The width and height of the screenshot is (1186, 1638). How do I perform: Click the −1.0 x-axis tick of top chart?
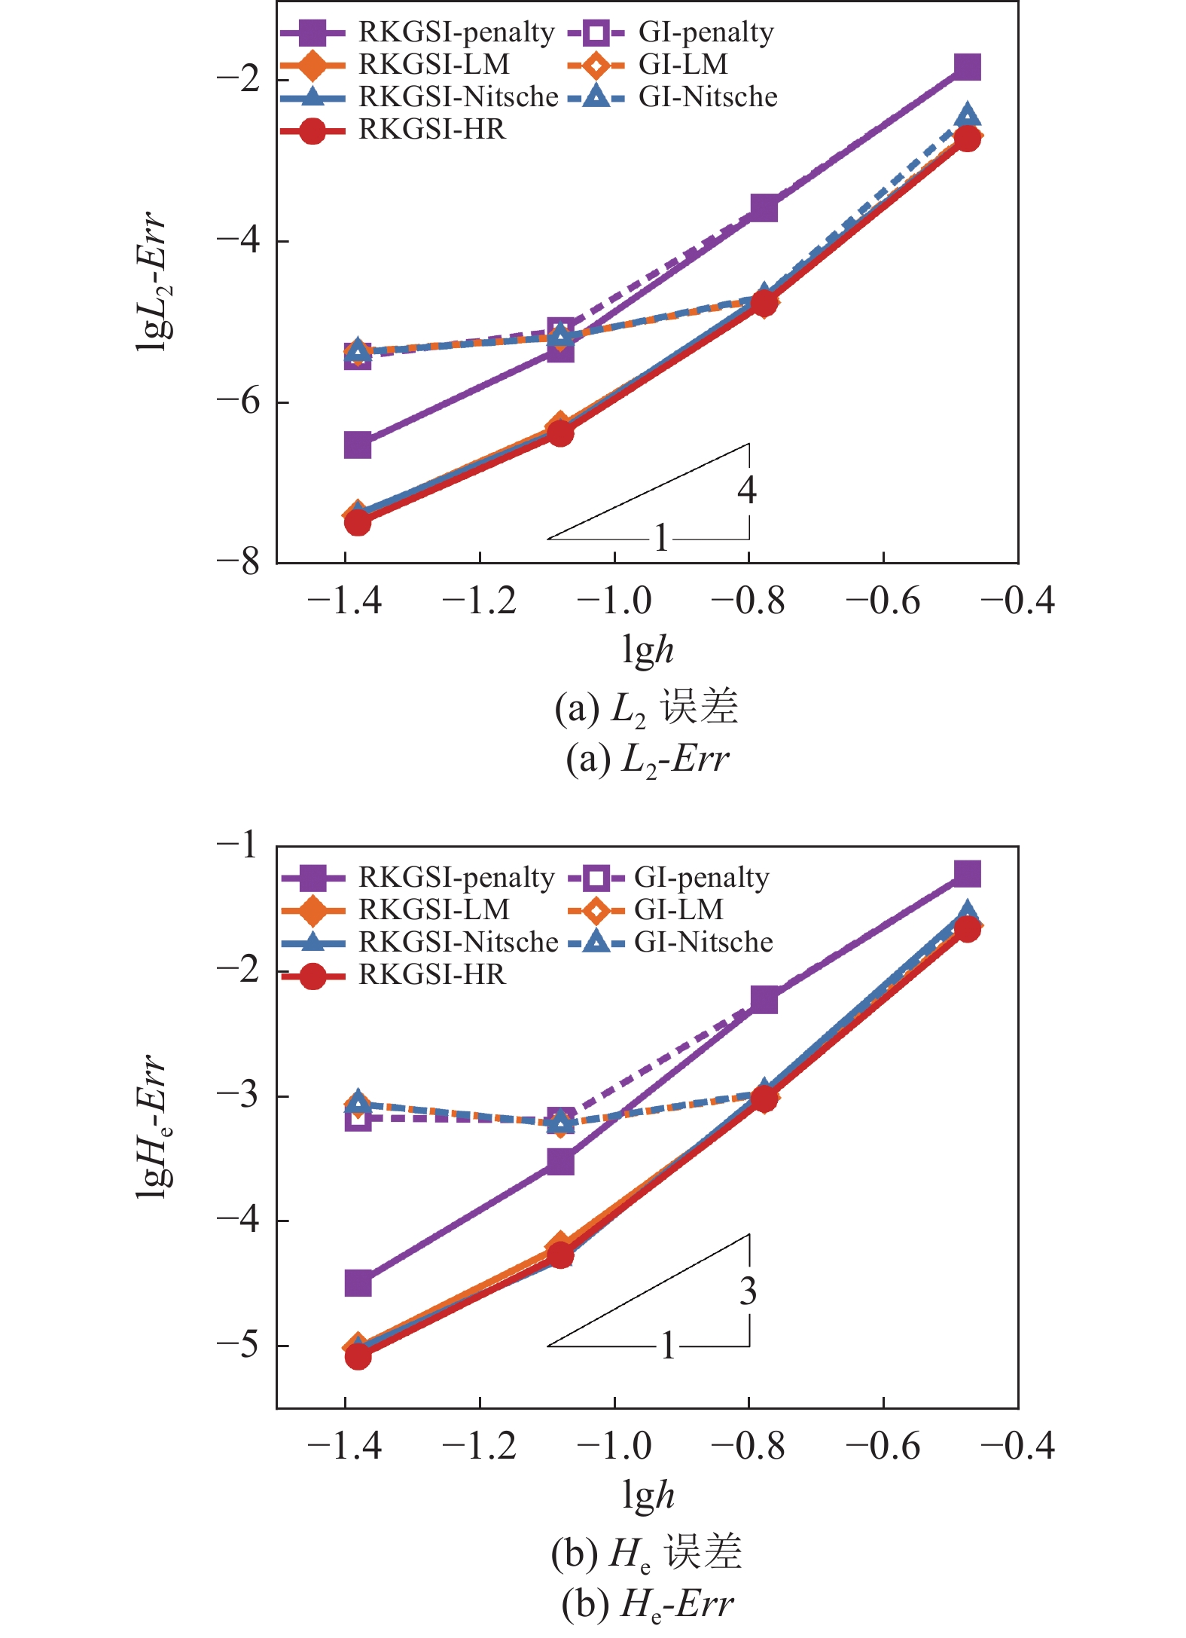coord(614,601)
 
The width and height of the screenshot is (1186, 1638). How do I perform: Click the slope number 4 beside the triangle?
coord(746,490)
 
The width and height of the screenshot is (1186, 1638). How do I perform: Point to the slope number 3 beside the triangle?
coord(747,1291)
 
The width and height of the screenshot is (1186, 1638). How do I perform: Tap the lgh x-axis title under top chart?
coord(648,649)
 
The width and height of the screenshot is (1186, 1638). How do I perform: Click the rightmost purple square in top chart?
coord(968,67)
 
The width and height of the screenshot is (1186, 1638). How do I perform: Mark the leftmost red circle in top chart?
coord(358,522)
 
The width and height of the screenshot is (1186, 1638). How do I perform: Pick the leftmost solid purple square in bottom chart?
coord(358,1282)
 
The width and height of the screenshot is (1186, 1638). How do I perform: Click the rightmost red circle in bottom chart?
coord(968,930)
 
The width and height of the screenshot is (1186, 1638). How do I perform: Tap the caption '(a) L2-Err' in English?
coord(648,759)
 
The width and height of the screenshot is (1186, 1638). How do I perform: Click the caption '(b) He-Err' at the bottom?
coord(648,1605)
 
